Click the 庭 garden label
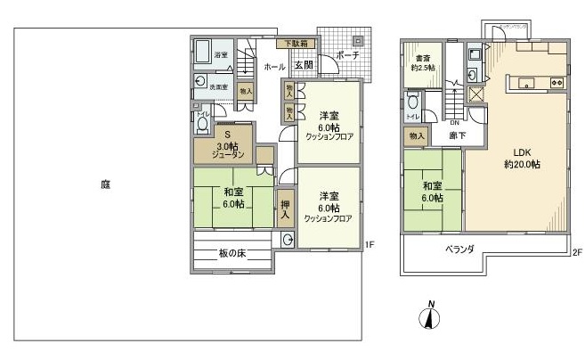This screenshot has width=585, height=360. tap(105, 185)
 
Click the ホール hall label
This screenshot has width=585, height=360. tap(273, 65)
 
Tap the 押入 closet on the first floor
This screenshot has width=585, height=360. tap(285, 209)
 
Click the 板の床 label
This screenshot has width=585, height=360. tap(232, 254)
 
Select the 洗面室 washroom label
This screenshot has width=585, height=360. tap(219, 87)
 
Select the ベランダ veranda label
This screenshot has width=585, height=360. tap(459, 249)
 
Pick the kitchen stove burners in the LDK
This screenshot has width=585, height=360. tap(557, 83)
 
